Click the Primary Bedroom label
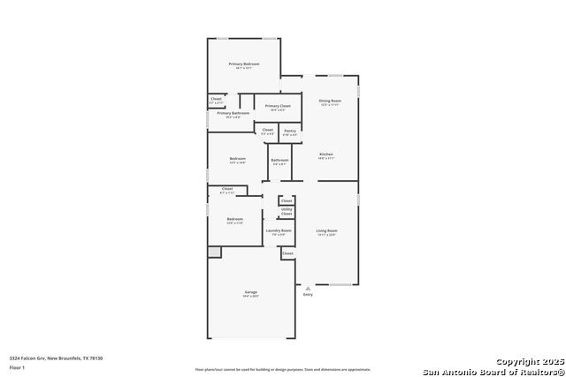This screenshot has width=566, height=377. coord(245,64)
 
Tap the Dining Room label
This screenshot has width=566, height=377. coord(330,102)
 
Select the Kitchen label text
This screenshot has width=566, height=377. coord(326,155)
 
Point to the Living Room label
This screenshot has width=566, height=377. coord(327,231)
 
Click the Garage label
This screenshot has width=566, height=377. coord(251,293)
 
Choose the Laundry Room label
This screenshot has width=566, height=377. coord(279,231)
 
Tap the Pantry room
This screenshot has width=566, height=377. coord(290,132)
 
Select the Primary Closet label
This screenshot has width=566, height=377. coord(278,107)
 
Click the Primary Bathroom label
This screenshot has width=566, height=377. coord(233,114)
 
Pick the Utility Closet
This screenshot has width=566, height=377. coord(287,211)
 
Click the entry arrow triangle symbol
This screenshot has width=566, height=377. coord(307,288)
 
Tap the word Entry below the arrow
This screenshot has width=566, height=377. coord(308,295)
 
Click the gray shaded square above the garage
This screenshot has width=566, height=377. coord(214,253)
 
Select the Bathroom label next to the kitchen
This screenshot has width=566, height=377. coord(279,162)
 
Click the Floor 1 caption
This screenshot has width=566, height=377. coord(17,366)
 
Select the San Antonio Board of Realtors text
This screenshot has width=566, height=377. coord(493,371)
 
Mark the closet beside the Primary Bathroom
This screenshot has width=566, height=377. coord(216,101)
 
